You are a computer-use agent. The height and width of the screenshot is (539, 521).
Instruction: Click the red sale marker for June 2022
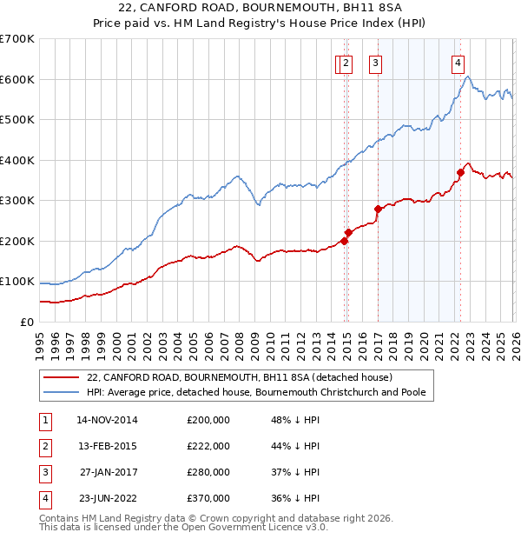(x=461, y=172)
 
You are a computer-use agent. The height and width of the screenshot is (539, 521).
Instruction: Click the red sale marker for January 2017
(x=378, y=209)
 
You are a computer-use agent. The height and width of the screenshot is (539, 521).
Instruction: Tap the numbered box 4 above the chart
(x=457, y=62)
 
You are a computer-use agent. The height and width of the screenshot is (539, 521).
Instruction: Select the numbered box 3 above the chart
(x=375, y=62)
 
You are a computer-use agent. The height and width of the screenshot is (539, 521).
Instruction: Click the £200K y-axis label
(x=17, y=241)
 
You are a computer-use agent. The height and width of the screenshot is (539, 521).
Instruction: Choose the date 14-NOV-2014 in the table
(x=107, y=419)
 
